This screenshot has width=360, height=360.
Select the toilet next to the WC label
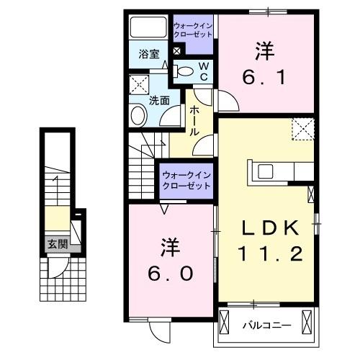tap(185, 71)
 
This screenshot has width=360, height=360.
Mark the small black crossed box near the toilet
tap(177, 51)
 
